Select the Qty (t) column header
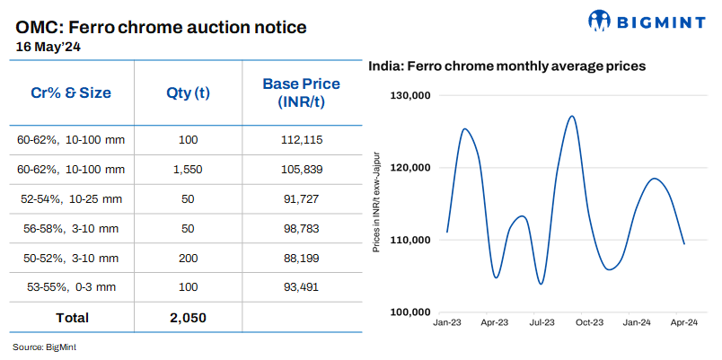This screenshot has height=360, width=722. click(188, 92)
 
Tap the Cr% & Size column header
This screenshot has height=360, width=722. click(72, 92)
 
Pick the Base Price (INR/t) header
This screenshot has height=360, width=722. click(301, 92)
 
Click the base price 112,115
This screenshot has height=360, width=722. click(301, 139)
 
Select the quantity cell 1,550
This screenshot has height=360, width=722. click(188, 169)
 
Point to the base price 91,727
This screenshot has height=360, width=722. click(301, 198)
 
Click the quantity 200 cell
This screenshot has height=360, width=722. click(188, 259)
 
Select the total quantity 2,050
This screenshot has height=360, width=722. click(188, 317)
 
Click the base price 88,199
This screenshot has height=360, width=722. click(301, 259)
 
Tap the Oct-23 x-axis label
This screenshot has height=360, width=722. click(589, 321)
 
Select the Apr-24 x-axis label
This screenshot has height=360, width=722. click(684, 321)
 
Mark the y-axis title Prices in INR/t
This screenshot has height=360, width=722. click(377, 201)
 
